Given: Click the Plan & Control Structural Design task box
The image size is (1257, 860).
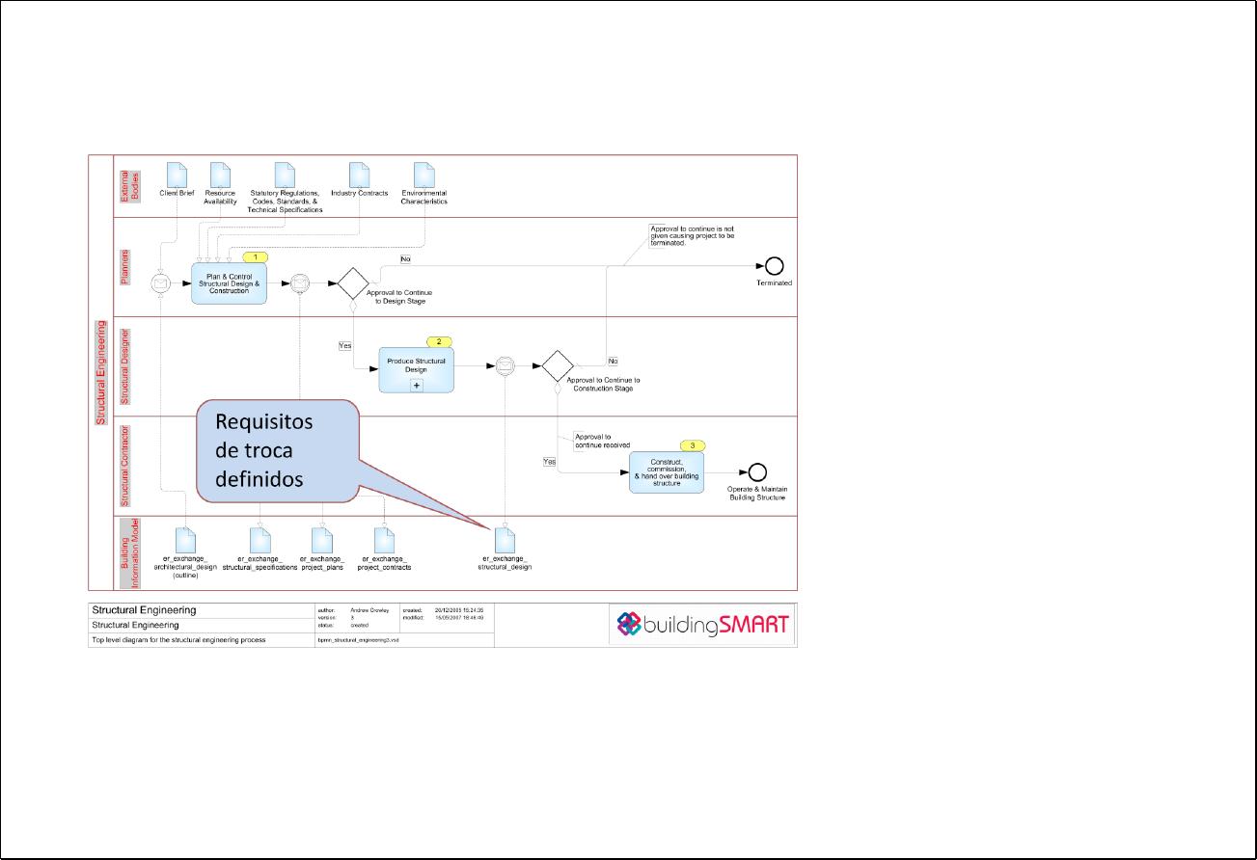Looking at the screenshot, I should [x=228, y=283].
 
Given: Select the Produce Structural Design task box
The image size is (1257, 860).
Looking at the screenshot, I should [x=416, y=370].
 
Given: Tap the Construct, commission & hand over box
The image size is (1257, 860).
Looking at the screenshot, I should [x=667, y=472].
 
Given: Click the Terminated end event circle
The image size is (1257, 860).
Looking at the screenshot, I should [x=774, y=267].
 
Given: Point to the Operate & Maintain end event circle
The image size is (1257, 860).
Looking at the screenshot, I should [x=757, y=472].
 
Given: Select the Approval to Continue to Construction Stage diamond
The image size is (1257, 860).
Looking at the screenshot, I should [x=557, y=366].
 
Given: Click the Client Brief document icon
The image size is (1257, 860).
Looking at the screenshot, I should [x=176, y=175].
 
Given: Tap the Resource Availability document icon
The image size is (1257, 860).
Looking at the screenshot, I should [x=220, y=175].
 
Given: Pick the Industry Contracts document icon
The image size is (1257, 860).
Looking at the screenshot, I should [x=359, y=175].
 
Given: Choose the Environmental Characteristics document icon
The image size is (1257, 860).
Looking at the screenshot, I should [x=424, y=175].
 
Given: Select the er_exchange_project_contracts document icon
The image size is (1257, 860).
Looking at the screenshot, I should [x=383, y=540].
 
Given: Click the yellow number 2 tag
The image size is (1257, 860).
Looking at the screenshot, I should [x=439, y=342].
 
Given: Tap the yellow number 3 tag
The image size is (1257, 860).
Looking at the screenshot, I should [x=693, y=445].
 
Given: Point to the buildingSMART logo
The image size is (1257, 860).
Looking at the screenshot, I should [x=703, y=625].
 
